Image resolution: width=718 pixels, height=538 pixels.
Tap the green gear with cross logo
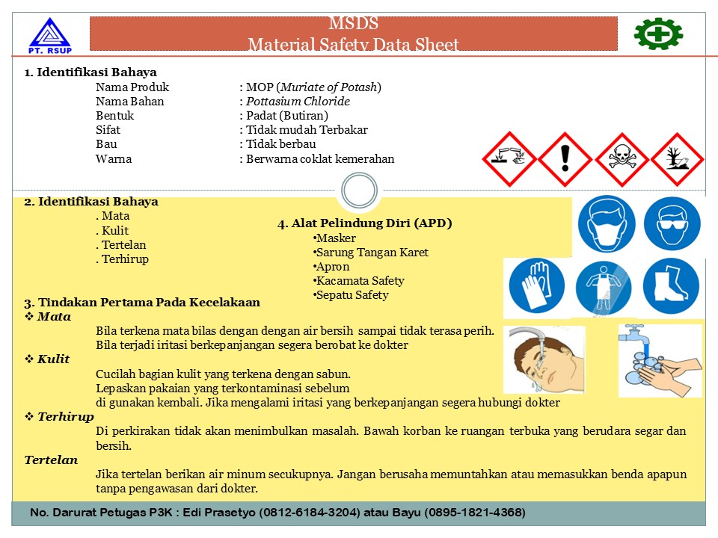pos(658,34)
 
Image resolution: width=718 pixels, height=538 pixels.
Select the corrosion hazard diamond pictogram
pos(509,159)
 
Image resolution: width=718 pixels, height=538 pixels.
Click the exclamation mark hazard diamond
pos(565,159)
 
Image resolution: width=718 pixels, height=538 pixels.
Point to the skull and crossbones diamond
pos(622,159)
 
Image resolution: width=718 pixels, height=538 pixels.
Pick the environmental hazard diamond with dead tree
pos(678,159)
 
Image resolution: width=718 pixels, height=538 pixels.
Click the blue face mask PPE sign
pos(607,223)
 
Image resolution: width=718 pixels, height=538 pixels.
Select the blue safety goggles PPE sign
pos(672,223)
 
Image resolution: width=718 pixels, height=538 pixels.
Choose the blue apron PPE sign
pos(604,288)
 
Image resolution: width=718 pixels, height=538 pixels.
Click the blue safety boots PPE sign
pos(671,288)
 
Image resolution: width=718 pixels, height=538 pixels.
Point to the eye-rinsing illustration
pos(544,359)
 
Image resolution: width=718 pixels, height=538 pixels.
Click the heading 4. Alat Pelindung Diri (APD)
pos(365,223)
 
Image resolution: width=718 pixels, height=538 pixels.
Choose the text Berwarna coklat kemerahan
pos(320,158)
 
